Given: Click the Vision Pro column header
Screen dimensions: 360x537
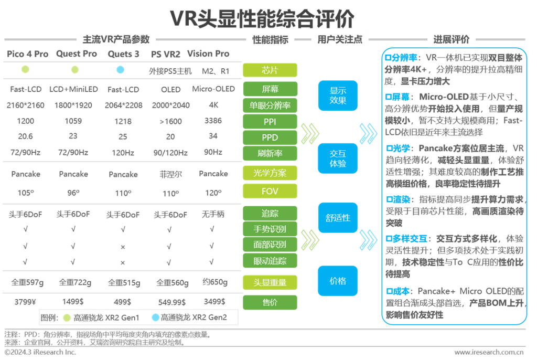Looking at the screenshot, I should click(x=208, y=54).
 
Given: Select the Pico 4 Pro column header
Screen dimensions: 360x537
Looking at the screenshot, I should click(x=27, y=54).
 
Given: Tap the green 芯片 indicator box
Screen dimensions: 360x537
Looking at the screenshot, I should click(x=270, y=70).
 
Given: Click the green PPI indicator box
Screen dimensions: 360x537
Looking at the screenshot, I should click(x=270, y=122).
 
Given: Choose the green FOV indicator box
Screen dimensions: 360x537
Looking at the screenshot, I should click(x=270, y=192).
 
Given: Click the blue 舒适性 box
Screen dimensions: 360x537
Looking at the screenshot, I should click(x=338, y=217).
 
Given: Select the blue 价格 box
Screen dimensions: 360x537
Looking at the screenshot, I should click(x=338, y=281).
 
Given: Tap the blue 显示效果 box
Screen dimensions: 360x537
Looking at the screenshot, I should click(x=338, y=96).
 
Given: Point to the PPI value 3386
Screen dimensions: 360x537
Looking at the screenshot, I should click(x=213, y=121).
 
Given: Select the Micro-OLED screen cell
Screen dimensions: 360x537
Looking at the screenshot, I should click(x=213, y=89).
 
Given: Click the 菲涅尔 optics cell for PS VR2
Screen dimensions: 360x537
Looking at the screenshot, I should click(x=170, y=174).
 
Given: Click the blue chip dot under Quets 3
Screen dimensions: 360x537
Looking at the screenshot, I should click(x=120, y=70).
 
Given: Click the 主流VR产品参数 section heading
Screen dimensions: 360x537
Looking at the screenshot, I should click(x=116, y=39).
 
